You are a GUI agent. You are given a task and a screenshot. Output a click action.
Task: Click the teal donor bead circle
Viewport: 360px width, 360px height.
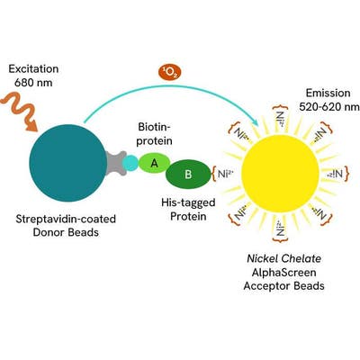[68, 163]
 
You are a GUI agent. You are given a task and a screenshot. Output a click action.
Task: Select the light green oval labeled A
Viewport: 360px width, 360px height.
[154, 163]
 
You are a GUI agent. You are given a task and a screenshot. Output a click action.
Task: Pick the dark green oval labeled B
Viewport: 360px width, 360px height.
[188, 174]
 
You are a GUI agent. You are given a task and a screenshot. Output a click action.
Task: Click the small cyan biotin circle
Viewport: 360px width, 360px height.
[130, 163]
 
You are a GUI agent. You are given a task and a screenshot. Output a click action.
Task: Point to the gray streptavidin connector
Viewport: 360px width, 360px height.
[115, 163]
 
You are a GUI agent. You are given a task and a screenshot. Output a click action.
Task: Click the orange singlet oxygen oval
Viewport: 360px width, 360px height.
[170, 74]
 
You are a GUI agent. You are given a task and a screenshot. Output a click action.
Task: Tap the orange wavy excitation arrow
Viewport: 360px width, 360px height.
[20, 112]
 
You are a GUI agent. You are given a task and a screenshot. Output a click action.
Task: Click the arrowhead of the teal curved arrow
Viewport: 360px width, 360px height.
[255, 121]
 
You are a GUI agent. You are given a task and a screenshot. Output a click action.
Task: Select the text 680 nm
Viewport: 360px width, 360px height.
[33, 83]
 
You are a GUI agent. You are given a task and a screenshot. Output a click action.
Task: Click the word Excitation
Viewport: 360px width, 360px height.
[33, 69]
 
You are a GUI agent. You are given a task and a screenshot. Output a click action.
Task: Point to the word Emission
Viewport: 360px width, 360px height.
[328, 93]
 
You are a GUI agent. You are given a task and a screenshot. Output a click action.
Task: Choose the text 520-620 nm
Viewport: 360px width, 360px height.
[329, 106]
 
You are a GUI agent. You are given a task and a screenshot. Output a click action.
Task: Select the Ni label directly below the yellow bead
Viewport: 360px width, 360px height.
[281, 229]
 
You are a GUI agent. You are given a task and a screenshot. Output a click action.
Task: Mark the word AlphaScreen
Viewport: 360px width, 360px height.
[283, 273]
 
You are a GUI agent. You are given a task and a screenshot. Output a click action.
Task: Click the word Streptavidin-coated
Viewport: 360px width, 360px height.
[66, 219]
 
